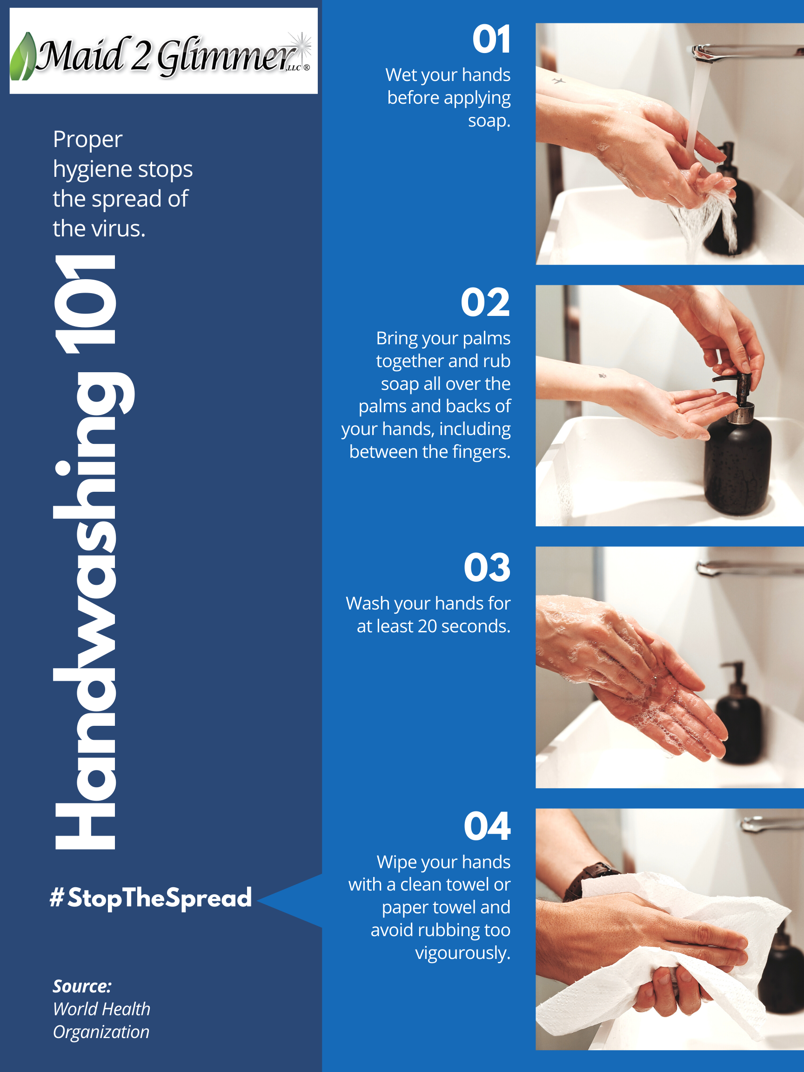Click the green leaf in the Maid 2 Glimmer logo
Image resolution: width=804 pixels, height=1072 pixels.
point(23,57)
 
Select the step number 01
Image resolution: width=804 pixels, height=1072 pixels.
point(491,40)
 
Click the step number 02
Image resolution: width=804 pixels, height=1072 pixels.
point(485,302)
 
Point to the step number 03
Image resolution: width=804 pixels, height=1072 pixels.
point(487,568)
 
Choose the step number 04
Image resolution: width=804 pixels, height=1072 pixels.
point(487,827)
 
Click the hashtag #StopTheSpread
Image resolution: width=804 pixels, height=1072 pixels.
point(151,898)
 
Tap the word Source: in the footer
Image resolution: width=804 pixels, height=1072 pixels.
point(82,986)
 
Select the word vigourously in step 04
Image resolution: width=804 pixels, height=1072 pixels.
point(462,953)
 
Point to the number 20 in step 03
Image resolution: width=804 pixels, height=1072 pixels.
point(427,626)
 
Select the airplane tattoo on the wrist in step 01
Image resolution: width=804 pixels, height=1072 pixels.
point(558,81)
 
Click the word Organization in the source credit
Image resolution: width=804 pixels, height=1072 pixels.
point(101,1032)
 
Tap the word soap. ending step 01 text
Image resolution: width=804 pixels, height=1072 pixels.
point(489,120)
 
